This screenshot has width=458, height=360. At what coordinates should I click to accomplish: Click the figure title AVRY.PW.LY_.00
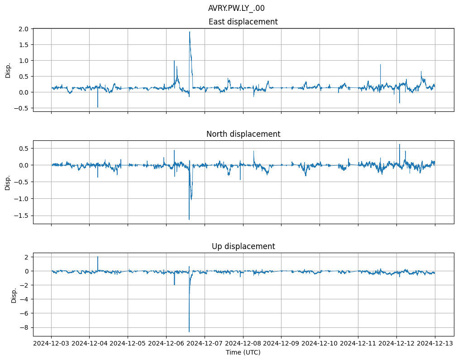point(236,8)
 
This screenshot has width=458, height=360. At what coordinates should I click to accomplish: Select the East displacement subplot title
point(243,22)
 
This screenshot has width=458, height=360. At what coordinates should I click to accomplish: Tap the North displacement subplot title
point(243,134)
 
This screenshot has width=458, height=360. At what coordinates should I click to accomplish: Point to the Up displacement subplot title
point(243,246)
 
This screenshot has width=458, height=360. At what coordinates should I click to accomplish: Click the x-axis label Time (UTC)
point(243,352)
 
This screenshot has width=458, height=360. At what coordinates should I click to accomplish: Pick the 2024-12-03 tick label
point(51,344)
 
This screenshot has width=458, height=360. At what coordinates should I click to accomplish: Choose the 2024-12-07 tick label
point(205,344)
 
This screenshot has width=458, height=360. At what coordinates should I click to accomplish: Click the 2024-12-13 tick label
point(435,344)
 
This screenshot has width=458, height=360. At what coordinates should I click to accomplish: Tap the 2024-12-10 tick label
point(320,344)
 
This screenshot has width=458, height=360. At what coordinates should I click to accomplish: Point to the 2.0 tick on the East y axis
point(24,29)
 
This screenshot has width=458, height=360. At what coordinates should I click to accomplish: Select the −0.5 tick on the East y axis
point(22,108)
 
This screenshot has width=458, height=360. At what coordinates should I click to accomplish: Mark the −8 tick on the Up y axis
point(25,327)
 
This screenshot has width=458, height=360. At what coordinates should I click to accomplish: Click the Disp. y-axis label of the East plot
point(8,70)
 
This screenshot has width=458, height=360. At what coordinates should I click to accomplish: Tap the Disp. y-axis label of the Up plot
point(14,294)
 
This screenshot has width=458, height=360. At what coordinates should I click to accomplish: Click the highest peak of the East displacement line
point(190,32)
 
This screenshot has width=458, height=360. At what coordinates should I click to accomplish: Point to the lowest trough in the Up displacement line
point(189,332)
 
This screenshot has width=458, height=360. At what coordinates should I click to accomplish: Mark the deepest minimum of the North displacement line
point(189,220)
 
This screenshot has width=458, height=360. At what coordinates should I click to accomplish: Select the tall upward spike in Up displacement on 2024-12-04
point(98,257)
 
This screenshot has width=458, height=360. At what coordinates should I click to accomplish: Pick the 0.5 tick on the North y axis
point(24,148)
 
